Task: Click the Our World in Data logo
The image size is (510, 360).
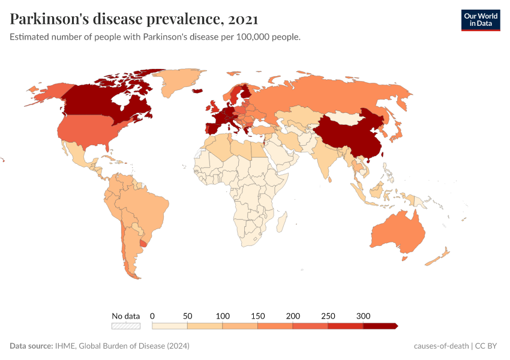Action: coord(480,20)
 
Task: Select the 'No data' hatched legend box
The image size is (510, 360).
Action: coord(125,326)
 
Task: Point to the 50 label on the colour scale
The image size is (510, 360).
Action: coord(187,316)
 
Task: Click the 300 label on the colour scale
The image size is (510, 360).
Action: coord(363,316)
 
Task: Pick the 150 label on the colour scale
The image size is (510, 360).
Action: coord(257,316)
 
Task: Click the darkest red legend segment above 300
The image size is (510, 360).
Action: coord(380,326)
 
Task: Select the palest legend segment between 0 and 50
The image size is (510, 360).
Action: coord(170,326)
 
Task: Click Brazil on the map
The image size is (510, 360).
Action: coord(147,204)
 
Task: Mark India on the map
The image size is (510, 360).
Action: coord(324,156)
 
